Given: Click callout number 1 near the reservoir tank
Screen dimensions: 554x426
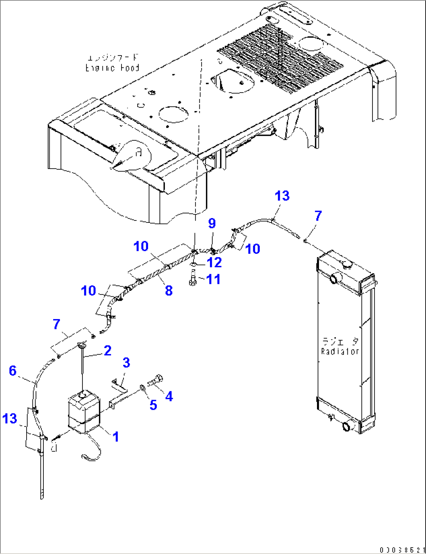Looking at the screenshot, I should [116, 436].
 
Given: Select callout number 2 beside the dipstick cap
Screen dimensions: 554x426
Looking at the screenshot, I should [107, 350].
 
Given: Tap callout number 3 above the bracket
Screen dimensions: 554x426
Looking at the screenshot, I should [126, 362].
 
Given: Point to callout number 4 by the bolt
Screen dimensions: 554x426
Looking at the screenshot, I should [169, 396].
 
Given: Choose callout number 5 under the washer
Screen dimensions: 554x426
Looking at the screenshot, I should [153, 405].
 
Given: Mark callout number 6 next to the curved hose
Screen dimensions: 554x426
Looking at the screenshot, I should [13, 370].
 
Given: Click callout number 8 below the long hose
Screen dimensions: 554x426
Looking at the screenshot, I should [168, 290].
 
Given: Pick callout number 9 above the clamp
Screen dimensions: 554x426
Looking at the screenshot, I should [212, 223].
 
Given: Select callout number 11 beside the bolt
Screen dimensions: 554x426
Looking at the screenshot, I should [213, 279].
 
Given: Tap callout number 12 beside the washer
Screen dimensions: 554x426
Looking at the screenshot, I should [214, 262].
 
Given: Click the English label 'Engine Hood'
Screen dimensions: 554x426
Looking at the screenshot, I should [112, 68].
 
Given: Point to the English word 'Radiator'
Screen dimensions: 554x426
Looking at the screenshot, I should [340, 351].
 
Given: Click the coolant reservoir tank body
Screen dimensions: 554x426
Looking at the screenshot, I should [84, 413].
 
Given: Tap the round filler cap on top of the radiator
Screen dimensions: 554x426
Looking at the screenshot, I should [345, 264].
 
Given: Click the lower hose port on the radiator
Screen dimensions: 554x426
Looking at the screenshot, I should [347, 426].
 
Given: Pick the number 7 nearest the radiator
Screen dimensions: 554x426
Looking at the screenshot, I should [318, 215].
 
